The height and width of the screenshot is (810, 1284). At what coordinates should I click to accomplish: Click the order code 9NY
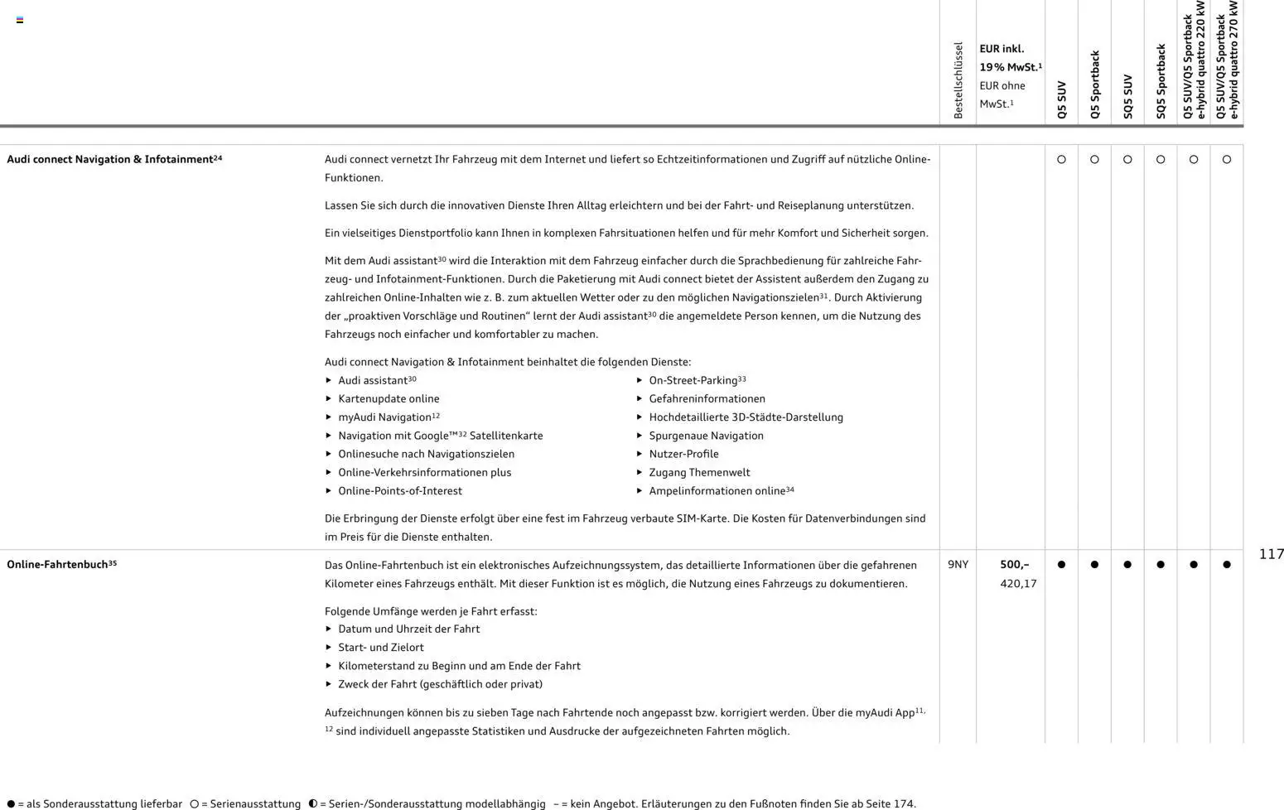coord(958,565)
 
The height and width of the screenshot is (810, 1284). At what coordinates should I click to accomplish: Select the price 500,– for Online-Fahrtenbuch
coord(1014,565)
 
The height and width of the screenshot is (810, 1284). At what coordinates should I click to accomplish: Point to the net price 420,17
coord(1018,584)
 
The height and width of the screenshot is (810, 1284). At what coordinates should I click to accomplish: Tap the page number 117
coord(1271,554)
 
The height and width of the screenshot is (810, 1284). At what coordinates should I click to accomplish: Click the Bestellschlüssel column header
coord(958,80)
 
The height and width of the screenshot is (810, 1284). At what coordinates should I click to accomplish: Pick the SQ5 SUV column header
coord(1127,97)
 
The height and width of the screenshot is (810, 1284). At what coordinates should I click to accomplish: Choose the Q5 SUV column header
coord(1062,100)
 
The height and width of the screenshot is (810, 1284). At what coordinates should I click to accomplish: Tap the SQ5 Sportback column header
coord(1161,81)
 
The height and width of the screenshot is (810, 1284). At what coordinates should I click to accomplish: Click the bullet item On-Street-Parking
coord(697,380)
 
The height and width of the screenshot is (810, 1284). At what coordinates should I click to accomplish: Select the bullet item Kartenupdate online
coord(389,399)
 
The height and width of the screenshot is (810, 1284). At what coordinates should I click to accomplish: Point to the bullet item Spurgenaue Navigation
coord(706,436)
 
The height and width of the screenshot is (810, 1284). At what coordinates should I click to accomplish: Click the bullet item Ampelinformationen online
coord(721,491)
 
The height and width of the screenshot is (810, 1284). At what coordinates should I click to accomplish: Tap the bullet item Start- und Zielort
coord(380,648)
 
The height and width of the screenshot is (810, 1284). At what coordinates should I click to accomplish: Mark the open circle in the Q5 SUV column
coord(1061,159)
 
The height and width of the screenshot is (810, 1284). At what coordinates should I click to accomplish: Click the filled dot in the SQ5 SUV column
coord(1127,565)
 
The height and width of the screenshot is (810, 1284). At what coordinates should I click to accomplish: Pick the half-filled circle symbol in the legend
coord(312,803)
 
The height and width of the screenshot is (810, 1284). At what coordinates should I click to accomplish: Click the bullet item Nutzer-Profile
coord(683,454)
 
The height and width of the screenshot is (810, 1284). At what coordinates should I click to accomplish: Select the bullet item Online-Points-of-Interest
coord(399,491)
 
